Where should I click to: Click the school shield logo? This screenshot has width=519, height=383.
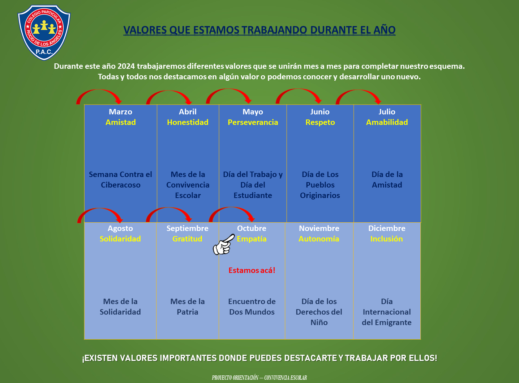[44, 33]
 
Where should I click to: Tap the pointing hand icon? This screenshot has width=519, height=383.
[223, 245]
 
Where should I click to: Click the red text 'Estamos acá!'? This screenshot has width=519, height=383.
[252, 270]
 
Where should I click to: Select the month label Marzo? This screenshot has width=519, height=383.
[120, 112]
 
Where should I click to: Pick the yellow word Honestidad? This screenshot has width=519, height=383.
[188, 122]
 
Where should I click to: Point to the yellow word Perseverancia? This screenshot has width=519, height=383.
[253, 122]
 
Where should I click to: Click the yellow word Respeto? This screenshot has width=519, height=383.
[320, 122]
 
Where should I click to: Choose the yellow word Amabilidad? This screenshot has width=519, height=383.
[387, 122]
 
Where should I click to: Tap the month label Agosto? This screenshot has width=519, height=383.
[120, 228]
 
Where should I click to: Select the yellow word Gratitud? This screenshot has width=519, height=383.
[187, 239]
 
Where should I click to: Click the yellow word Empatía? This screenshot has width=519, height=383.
[252, 239]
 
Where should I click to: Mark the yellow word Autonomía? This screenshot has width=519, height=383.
[319, 239]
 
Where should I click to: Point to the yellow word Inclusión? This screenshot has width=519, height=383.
[386, 239]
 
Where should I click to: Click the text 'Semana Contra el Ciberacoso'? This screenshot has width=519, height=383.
[120, 180]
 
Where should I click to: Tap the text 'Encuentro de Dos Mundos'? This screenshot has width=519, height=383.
[252, 307]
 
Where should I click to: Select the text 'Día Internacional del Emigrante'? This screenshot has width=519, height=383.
[386, 312]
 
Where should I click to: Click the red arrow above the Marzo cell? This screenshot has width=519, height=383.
[99, 96]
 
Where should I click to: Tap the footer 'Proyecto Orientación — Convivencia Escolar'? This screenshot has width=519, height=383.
[259, 378]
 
